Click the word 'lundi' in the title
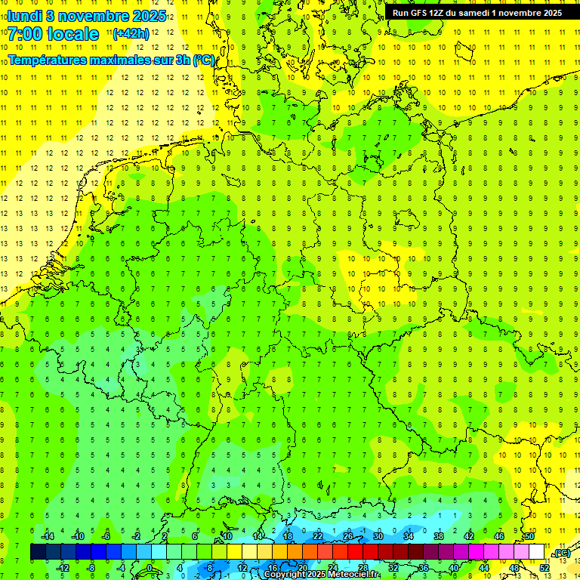[24, 15]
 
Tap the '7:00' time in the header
[25, 34]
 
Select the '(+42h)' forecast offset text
[131, 33]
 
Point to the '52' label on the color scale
[545, 568]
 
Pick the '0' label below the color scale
[150, 568]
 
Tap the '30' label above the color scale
[378, 536]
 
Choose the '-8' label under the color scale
[91, 568]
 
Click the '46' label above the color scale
[498, 536]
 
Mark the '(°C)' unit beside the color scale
[562, 554]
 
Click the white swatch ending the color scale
[536, 553]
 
